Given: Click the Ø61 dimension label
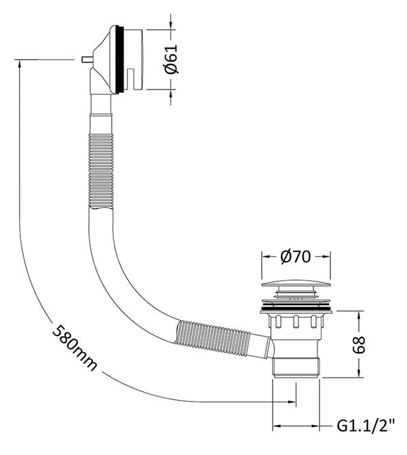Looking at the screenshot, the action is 170,59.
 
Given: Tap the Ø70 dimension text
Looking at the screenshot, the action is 296,256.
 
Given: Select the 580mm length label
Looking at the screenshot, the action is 75,347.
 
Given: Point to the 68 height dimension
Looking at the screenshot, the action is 359,344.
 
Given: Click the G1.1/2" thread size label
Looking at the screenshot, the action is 366,426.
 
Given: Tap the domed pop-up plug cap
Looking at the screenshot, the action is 296,284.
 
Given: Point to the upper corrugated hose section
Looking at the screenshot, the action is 101,171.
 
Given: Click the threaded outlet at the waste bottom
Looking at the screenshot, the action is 296,368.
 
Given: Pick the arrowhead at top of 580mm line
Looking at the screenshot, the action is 19,64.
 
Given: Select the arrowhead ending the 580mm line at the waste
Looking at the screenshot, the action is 291,402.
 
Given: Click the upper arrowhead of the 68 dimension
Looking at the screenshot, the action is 359,315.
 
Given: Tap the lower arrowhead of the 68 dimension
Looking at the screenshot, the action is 359,373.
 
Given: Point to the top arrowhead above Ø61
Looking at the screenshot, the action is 170,25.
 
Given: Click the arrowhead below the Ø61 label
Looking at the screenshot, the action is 170,94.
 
